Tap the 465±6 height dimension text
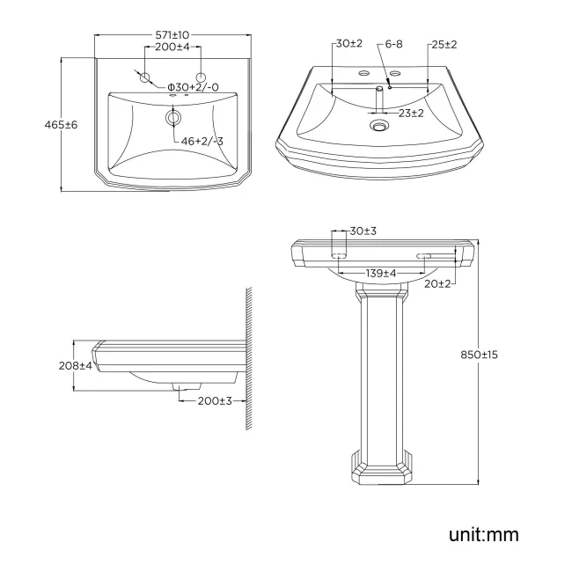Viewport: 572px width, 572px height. pos(61,125)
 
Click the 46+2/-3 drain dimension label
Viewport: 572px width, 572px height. pos(201,141)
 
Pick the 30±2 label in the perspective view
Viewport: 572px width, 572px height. pos(348,43)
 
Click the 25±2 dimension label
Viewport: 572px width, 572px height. pos(444,43)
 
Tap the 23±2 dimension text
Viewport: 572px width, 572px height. pos(410,113)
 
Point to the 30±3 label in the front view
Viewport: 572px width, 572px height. pos(363,231)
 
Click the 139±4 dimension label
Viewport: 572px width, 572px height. pos(381,274)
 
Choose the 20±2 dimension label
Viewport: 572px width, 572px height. pos(436,283)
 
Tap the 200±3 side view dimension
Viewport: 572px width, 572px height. pos(214,400)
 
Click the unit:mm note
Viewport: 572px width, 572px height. pos(483,534)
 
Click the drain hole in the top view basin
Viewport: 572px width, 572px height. pos(173,117)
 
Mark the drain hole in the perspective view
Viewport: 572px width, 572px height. pos(379,127)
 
